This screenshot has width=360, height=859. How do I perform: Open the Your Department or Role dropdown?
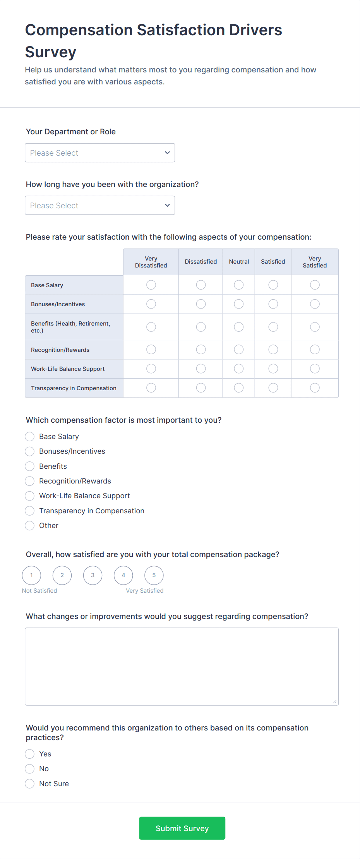click(99, 153)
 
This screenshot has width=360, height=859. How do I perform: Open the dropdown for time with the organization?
click(99, 206)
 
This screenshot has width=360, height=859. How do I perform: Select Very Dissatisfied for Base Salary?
click(151, 285)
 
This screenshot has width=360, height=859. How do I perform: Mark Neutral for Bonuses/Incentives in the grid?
click(239, 304)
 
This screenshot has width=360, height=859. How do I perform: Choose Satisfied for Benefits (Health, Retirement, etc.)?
click(273, 327)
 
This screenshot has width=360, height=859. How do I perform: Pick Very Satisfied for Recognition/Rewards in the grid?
click(315, 350)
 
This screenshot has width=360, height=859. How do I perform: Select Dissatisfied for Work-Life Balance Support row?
click(201, 369)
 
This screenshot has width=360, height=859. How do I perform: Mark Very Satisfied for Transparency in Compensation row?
click(315, 388)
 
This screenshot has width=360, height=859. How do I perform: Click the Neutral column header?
click(239, 262)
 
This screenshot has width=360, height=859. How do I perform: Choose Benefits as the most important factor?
click(30, 466)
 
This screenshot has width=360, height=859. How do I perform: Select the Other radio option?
click(30, 526)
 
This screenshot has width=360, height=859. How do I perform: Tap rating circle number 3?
click(93, 575)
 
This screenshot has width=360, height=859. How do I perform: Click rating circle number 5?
click(154, 575)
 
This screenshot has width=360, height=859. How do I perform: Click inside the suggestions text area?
click(182, 666)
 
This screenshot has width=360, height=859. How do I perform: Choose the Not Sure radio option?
click(30, 784)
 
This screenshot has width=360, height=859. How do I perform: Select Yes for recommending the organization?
click(30, 754)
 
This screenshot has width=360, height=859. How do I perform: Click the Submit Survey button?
click(182, 828)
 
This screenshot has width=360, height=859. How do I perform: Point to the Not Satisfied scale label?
click(39, 591)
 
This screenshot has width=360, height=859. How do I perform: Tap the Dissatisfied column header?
click(201, 262)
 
